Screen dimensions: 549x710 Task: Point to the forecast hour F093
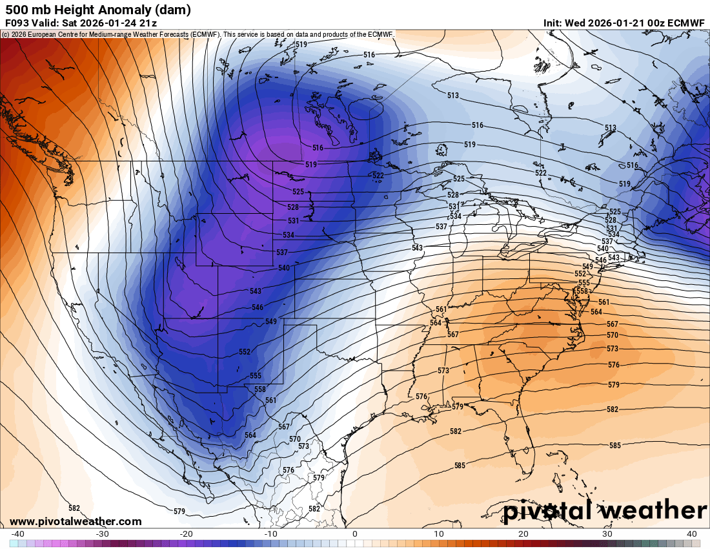coord(17,23)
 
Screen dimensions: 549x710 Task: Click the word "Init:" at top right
coord(553,23)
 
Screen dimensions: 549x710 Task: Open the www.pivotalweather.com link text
coord(76,521)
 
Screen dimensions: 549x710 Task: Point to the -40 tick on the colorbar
coord(18,533)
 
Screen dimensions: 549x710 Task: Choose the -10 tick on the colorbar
coord(270,533)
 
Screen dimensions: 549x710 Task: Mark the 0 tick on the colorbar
coord(355,533)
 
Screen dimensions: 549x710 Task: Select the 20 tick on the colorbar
coord(523,533)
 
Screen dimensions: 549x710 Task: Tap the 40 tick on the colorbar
coord(692,533)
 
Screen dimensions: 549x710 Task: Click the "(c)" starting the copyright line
coord(5,34)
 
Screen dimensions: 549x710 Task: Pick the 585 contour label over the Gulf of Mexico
coord(460,465)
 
